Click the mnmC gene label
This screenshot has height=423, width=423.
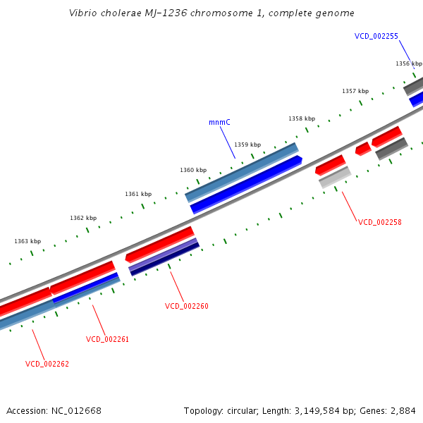pyautogui.click(x=219, y=122)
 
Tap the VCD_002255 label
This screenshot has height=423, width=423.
pyautogui.click(x=376, y=36)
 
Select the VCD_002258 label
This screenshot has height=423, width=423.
pyautogui.click(x=379, y=222)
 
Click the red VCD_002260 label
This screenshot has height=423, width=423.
pyautogui.click(x=186, y=306)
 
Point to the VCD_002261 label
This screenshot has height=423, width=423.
pyautogui.click(x=107, y=339)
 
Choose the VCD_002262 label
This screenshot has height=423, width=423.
pyautogui.click(x=47, y=364)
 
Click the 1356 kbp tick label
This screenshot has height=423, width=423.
pyautogui.click(x=408, y=63)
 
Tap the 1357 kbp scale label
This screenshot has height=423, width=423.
pyautogui.click(x=355, y=91)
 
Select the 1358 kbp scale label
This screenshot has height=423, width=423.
pyautogui.click(x=302, y=118)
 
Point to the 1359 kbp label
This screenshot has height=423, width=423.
pyautogui.click(x=247, y=144)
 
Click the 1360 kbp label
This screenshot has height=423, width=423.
pyautogui.click(x=193, y=170)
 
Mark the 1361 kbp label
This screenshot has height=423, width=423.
pyautogui.click(x=138, y=194)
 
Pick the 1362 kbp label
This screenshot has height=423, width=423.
pyautogui.click(x=83, y=218)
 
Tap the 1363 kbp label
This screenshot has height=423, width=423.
pyautogui.click(x=27, y=241)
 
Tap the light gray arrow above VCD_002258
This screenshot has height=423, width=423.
pyautogui.click(x=335, y=178)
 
